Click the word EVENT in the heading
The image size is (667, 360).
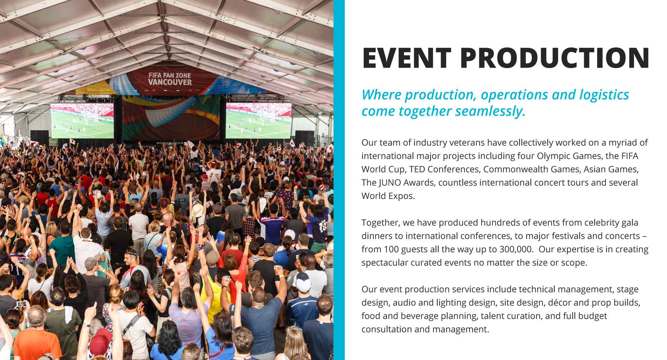tap(407, 58)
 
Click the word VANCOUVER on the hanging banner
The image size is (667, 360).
tap(170, 82)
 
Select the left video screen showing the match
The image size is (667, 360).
tap(82, 120)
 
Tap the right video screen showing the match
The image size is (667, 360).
tap(258, 120)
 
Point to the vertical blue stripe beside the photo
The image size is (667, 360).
tap(339, 180)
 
